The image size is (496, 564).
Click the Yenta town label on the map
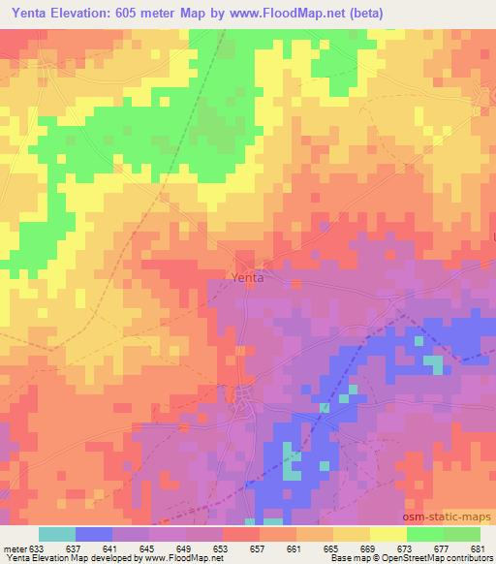coord(247,277)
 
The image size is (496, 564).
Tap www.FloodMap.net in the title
coord(291,13)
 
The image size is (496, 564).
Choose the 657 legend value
coord(260,548)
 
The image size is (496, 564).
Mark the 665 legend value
coord(333,548)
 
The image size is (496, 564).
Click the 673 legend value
coord(407,548)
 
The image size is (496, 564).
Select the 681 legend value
coord(480,548)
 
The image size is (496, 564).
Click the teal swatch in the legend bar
coord(57,534)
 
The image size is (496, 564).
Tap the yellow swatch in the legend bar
coord(387,534)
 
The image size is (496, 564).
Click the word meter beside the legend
coord(14,548)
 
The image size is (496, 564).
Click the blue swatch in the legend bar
coord(94,534)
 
